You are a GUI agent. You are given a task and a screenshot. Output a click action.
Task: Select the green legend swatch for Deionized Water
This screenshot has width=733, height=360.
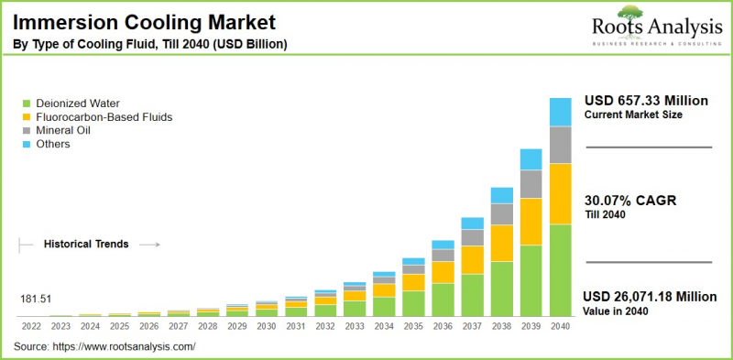pyautogui.click(x=27, y=104)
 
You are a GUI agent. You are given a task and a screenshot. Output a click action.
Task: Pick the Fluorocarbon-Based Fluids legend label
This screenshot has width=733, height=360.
pyautogui.click(x=104, y=117)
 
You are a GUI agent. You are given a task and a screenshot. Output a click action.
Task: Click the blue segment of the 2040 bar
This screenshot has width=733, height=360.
pyautogui.click(x=560, y=112)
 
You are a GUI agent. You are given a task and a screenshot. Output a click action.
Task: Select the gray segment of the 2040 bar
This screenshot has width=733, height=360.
pyautogui.click(x=560, y=145)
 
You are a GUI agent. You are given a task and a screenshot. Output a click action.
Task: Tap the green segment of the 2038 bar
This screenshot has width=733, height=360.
pyautogui.click(x=501, y=289)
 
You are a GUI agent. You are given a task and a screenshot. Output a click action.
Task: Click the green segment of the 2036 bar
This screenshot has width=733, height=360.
pyautogui.click(x=443, y=300)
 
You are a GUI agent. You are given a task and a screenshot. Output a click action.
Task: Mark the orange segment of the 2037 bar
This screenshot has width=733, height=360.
pyautogui.click(x=472, y=260)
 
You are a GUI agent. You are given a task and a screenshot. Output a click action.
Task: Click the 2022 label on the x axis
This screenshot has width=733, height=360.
pyautogui.click(x=31, y=325)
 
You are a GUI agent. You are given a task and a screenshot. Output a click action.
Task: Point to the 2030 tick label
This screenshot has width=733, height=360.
pyautogui.click(x=267, y=325)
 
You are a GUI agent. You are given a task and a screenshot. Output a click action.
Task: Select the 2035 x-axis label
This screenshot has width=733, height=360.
pyautogui.click(x=413, y=325)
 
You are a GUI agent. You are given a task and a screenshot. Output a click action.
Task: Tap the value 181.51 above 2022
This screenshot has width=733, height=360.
pyautogui.click(x=35, y=299)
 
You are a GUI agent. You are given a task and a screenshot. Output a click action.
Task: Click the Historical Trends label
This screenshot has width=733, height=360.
pyautogui.click(x=86, y=245)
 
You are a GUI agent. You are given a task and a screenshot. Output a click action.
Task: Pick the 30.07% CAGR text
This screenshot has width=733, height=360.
pyautogui.click(x=629, y=201)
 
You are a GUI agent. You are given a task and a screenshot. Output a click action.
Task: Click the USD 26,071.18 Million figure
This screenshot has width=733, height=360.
pyautogui.click(x=650, y=296)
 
